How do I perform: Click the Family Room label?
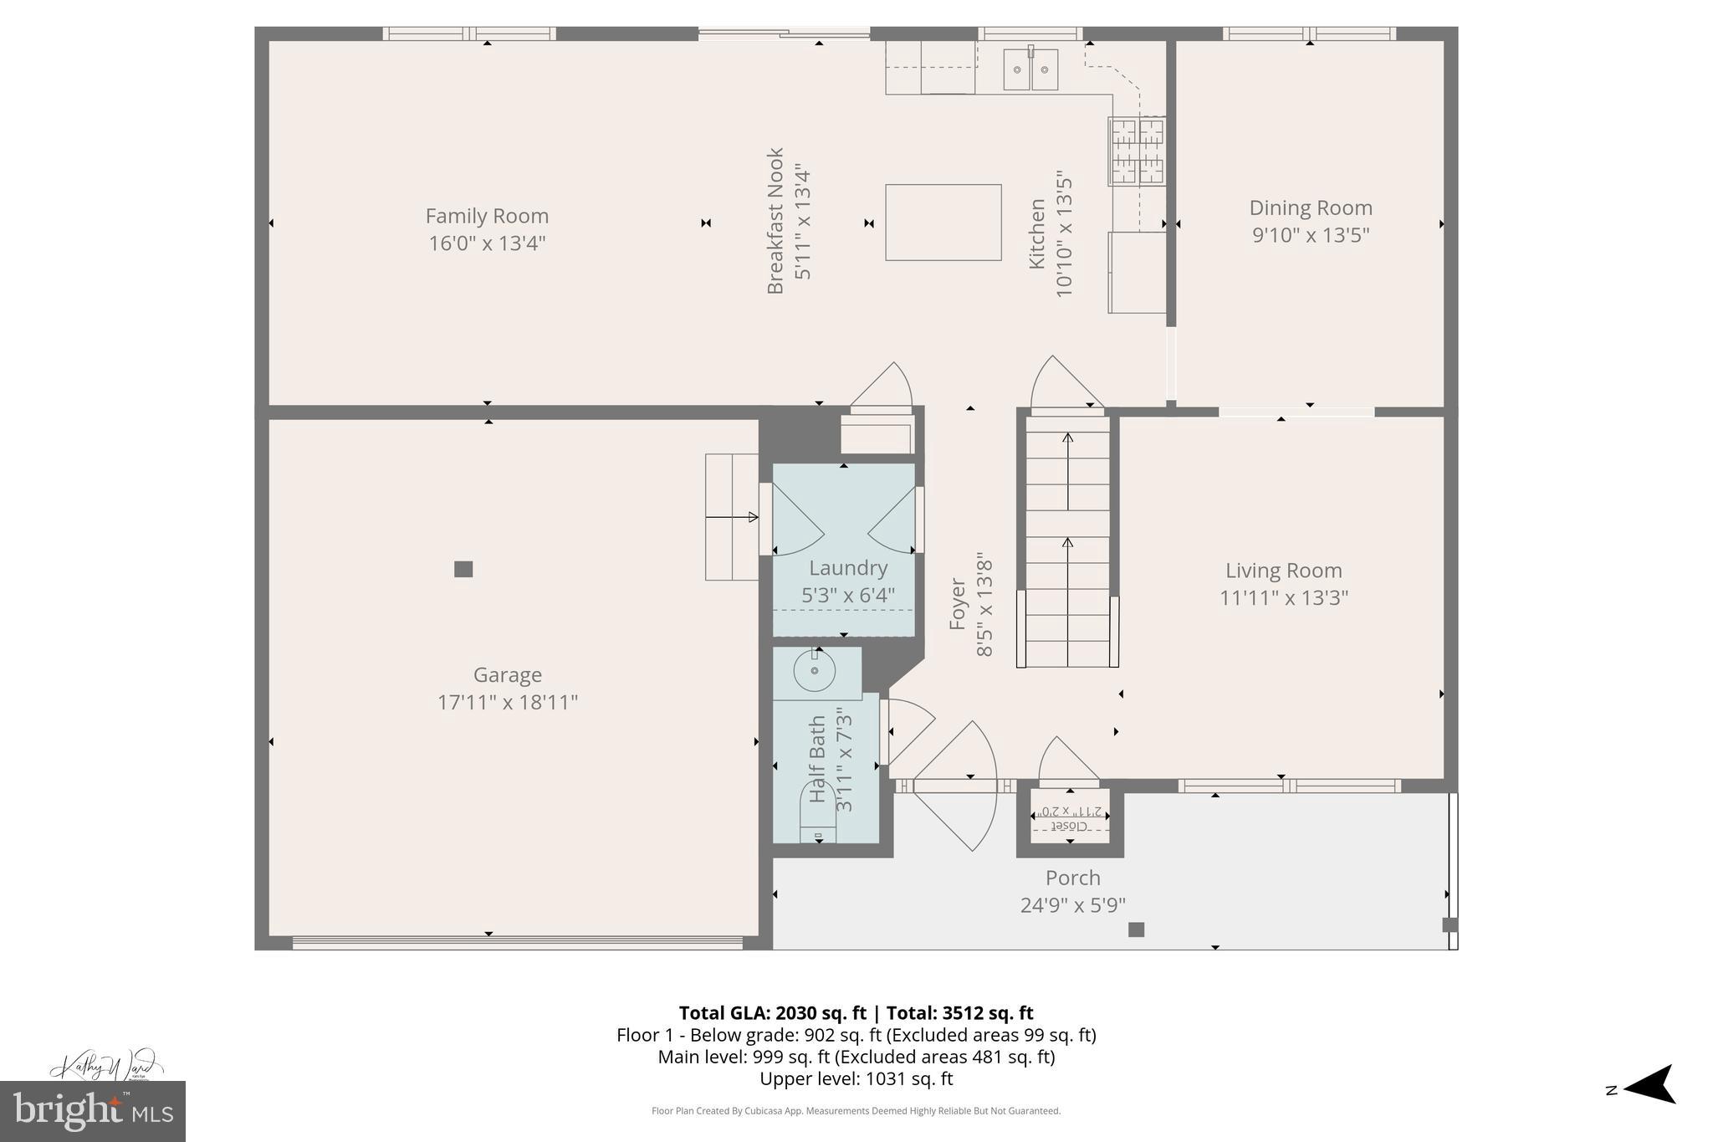tap(487, 216)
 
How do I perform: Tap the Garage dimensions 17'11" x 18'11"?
tap(508, 702)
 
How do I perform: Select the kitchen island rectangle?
tap(943, 223)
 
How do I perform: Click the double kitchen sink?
tap(1030, 69)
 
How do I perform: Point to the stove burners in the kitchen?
tap(1136, 151)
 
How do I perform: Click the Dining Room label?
tap(1310, 208)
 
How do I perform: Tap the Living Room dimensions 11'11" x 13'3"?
tap(1283, 597)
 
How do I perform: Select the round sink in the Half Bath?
tap(814, 671)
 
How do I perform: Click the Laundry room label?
tap(847, 568)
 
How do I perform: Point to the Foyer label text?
tap(958, 604)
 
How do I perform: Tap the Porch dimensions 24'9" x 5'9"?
tap(1072, 905)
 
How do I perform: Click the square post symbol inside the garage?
tap(463, 569)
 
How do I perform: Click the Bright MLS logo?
tap(93, 1111)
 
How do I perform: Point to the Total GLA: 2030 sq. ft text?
tap(771, 1013)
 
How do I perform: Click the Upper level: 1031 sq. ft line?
tap(856, 1078)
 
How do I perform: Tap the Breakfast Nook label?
tap(775, 221)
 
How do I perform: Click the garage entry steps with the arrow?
tap(732, 517)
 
